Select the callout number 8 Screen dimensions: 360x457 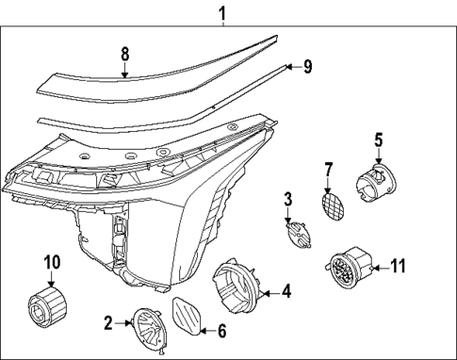click(x=124, y=56)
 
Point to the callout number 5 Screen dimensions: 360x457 click(x=378, y=141)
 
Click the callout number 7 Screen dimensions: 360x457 click(x=329, y=171)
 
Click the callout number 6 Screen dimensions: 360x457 click(x=222, y=331)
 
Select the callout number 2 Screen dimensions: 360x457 click(x=108, y=324)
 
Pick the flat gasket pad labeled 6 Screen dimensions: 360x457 click(x=188, y=314)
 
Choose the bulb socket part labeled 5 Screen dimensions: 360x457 click(x=374, y=181)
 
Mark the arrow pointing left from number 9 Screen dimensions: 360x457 click(x=290, y=67)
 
